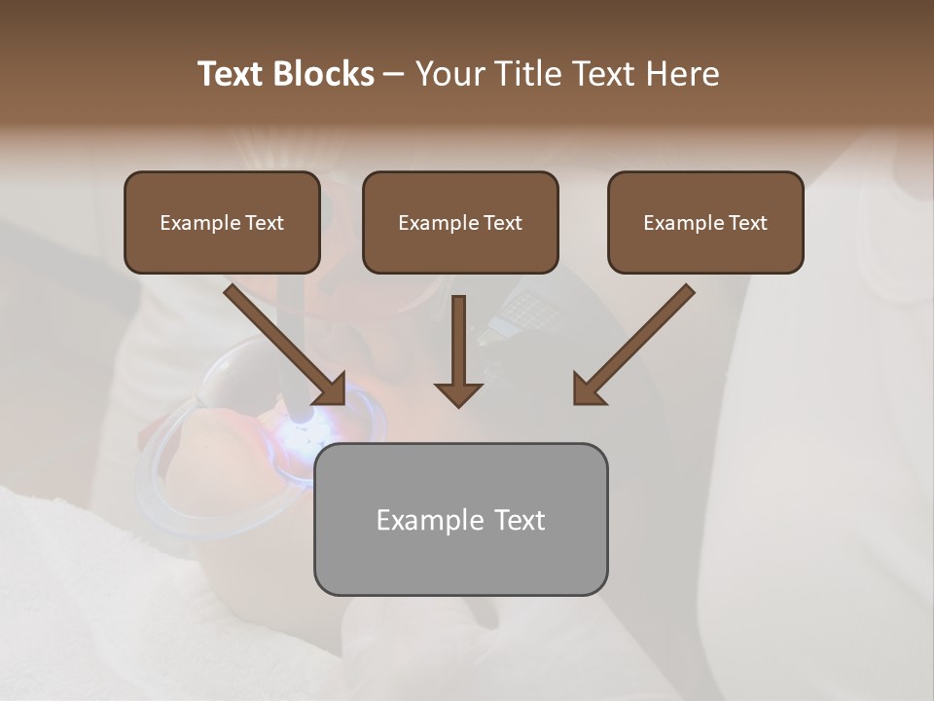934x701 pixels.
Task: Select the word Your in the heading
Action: pos(447,74)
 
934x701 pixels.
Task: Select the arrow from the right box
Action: pos(637,341)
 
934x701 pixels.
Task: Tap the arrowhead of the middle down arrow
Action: pos(458,393)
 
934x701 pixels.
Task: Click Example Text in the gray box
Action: pos(460,520)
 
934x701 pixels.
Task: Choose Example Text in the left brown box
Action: pos(222,223)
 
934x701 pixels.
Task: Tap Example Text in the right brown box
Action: pos(705,223)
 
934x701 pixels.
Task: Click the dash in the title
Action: pos(394,74)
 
